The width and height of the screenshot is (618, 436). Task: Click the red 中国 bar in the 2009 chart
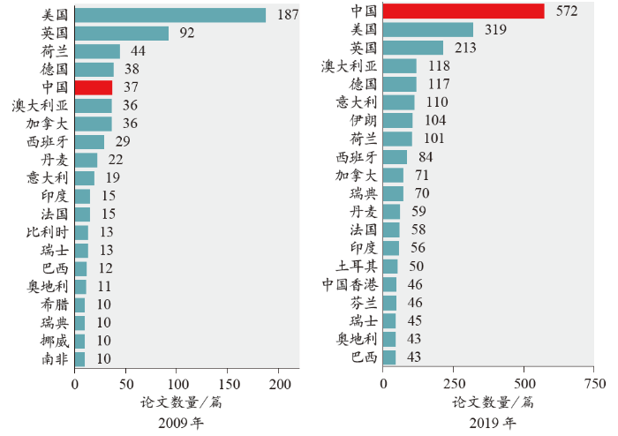click(x=94, y=87)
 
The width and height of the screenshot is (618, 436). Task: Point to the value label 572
click(x=566, y=11)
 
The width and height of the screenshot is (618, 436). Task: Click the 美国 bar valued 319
click(x=428, y=30)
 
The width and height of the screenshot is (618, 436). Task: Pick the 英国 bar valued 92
click(x=122, y=34)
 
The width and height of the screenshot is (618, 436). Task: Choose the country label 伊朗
click(x=363, y=120)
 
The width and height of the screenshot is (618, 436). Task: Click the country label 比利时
click(x=44, y=232)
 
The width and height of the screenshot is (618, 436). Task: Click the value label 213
click(x=465, y=48)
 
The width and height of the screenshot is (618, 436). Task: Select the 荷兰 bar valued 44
click(x=97, y=51)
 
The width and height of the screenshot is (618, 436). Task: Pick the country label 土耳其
click(x=357, y=266)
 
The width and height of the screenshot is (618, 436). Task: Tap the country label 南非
click(x=54, y=359)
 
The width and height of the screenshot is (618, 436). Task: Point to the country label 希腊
click(x=54, y=304)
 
